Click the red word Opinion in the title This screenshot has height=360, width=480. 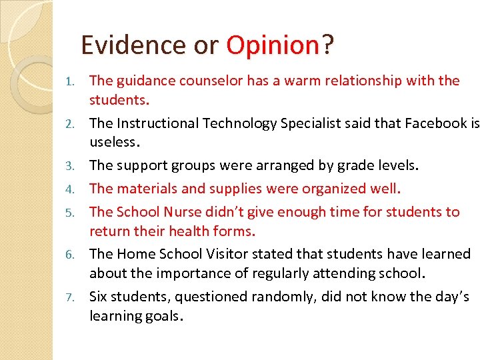point(273,45)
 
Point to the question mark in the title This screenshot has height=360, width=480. point(327,45)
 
